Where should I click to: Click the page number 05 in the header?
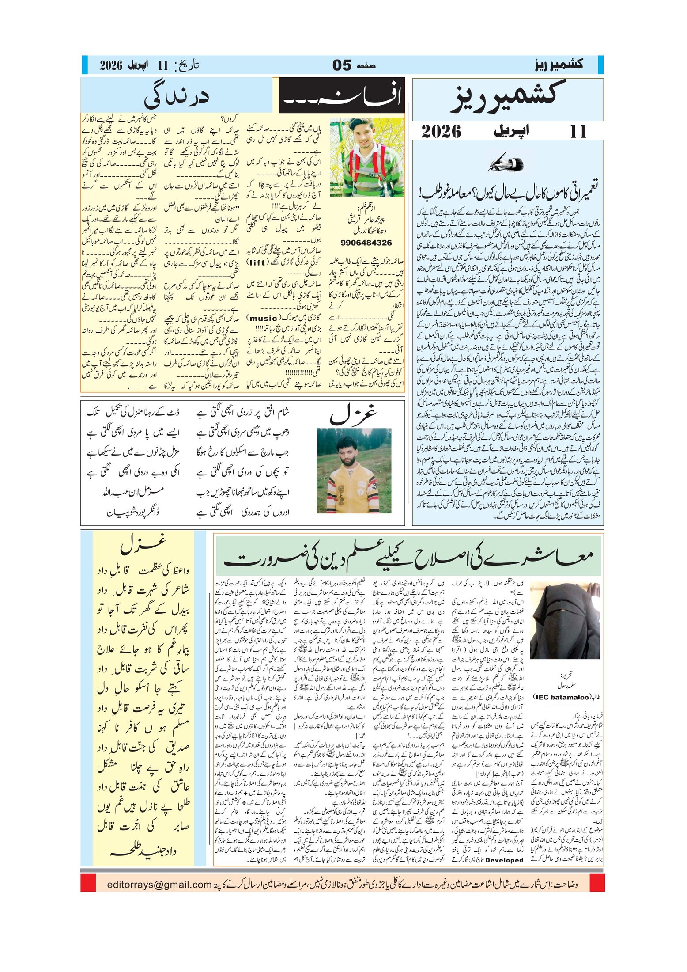342,65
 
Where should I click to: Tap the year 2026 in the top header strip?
111,65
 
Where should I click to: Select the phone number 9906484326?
366,243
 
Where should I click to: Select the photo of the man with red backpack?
367,158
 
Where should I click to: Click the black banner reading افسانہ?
342,95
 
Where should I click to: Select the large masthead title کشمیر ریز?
507,96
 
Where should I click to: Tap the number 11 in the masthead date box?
578,131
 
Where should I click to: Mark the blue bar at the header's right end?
600,65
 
